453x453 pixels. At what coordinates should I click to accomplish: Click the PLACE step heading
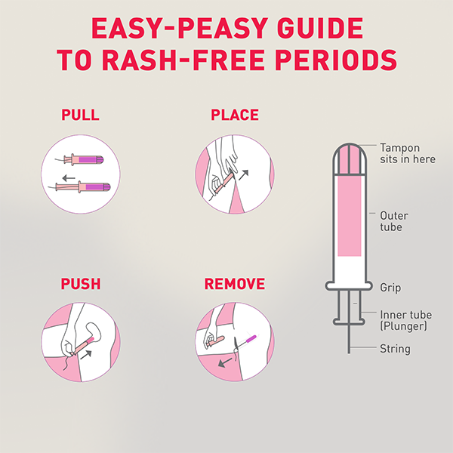234,116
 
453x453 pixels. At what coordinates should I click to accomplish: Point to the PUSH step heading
81,285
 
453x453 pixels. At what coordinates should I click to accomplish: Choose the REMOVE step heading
235,285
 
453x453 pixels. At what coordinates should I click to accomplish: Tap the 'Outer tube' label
394,221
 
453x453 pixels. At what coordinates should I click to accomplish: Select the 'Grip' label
390,288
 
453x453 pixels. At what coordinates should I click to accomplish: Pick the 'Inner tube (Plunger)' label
405,319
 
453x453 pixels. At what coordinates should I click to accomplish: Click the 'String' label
395,349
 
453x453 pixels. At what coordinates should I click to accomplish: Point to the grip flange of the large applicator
349,286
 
